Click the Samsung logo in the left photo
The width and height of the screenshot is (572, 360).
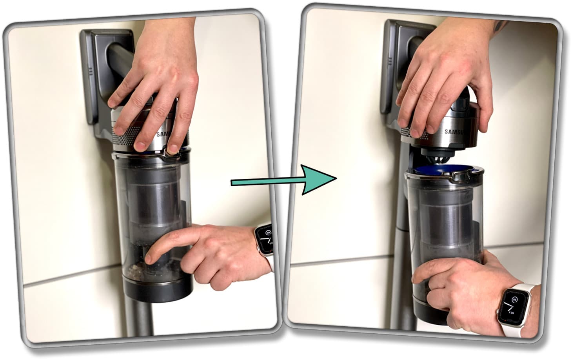click(x=163, y=135)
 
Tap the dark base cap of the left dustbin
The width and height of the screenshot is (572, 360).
click(x=157, y=290)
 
